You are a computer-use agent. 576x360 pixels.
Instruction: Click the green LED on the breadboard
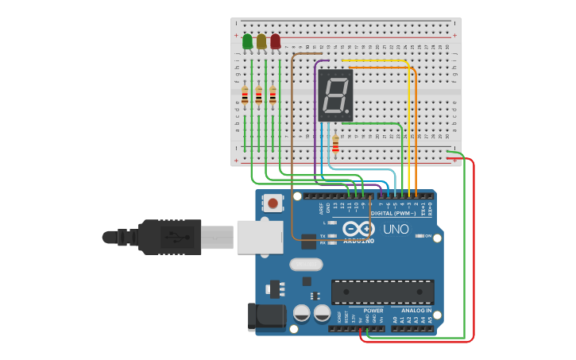[x=247, y=41]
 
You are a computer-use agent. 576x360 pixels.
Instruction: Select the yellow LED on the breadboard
[x=261, y=41]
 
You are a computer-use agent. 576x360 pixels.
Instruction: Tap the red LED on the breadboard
[x=275, y=41]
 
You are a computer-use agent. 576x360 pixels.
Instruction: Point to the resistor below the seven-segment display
[x=335, y=144]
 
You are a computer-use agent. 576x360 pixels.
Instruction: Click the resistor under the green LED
[x=245, y=96]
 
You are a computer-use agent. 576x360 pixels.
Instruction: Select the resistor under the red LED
[x=273, y=95]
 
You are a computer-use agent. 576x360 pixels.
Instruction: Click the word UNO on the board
[x=396, y=230]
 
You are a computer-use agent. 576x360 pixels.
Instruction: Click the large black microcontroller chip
[x=382, y=292]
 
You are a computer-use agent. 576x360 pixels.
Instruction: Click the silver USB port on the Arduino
[x=260, y=237]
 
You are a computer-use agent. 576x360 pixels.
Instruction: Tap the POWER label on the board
[x=373, y=311]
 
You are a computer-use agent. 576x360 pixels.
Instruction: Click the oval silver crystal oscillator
[x=306, y=265]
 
